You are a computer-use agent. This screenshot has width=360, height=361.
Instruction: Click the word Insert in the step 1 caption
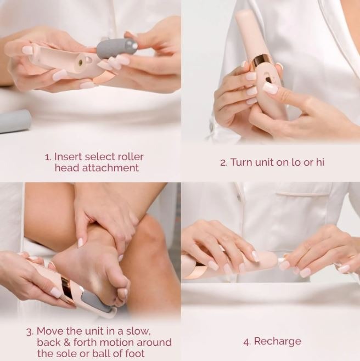coord(69,157)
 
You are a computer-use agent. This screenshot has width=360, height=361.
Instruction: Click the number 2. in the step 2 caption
coord(223,162)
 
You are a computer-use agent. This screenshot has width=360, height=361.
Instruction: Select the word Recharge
coord(278,341)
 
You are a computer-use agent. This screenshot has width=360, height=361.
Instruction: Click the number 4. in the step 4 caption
coord(247,341)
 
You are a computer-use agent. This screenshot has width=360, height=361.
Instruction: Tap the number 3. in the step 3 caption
coord(30,331)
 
